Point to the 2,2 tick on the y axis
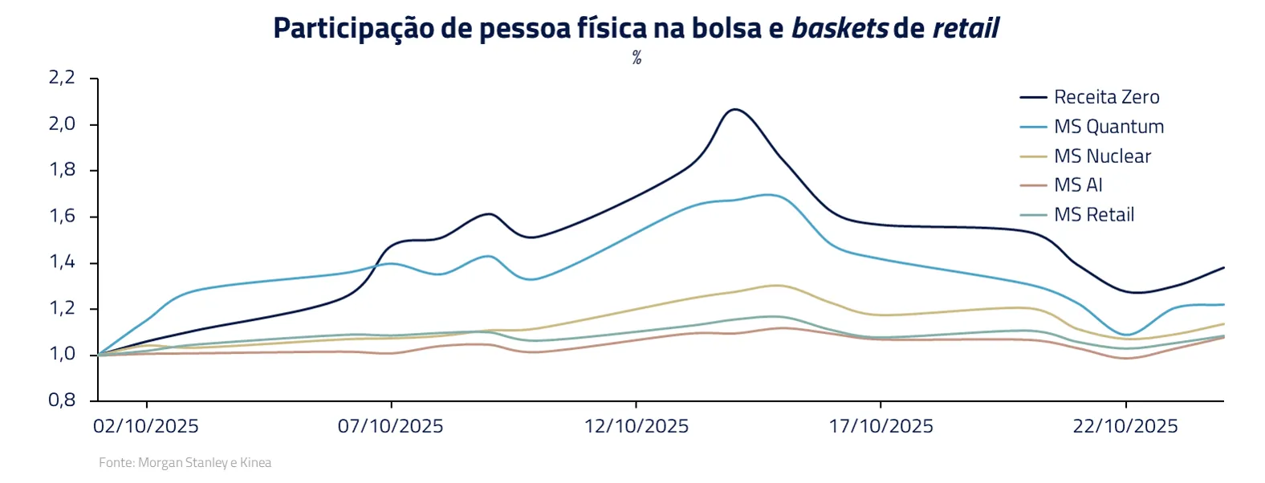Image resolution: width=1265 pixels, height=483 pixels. click(62, 78)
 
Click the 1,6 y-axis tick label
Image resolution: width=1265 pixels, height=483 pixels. click(62, 216)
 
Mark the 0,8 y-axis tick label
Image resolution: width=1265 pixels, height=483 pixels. click(62, 400)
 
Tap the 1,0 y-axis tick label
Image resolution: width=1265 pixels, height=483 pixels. click(62, 354)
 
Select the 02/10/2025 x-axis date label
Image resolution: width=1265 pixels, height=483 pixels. click(146, 426)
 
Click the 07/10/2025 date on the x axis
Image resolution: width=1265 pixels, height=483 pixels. click(391, 426)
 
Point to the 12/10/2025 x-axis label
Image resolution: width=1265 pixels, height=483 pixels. click(637, 426)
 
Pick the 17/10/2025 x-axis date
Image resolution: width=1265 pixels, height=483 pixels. click(881, 426)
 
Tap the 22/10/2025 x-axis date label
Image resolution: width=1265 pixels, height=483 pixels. click(1125, 426)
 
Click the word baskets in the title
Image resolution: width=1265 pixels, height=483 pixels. click(840, 29)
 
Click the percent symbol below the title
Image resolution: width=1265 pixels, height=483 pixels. click(637, 58)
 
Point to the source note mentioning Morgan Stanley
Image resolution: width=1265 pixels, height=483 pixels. click(185, 463)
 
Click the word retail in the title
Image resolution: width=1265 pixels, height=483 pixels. click(966, 29)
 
